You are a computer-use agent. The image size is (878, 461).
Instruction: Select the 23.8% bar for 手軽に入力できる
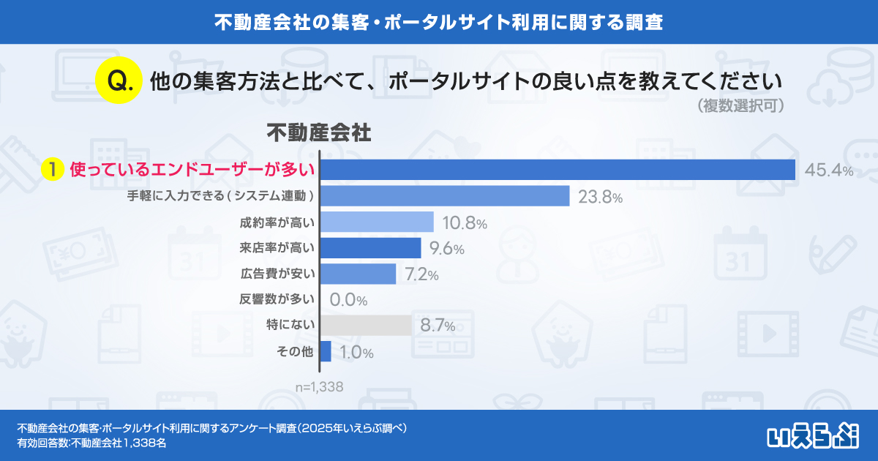[445, 196]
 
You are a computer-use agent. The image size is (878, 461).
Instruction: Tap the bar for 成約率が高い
[377, 222]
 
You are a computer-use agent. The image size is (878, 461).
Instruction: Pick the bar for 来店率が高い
[370, 248]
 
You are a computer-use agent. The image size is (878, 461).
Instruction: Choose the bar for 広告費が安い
[358, 274]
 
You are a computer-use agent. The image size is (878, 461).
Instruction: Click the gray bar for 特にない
[366, 326]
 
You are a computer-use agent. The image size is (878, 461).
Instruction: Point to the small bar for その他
[326, 351]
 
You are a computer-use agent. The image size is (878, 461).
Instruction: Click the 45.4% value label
[829, 170]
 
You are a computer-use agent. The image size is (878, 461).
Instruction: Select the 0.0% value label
[348, 300]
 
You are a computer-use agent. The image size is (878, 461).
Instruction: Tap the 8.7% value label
[438, 326]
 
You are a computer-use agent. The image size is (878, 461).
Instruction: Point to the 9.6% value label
[446, 249]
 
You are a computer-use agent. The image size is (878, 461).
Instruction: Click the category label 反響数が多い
[277, 299]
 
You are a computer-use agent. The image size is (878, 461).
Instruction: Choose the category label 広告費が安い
[277, 274]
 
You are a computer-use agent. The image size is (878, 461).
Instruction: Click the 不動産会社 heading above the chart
[318, 134]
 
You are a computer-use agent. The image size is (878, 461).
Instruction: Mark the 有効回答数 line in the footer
[91, 443]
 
